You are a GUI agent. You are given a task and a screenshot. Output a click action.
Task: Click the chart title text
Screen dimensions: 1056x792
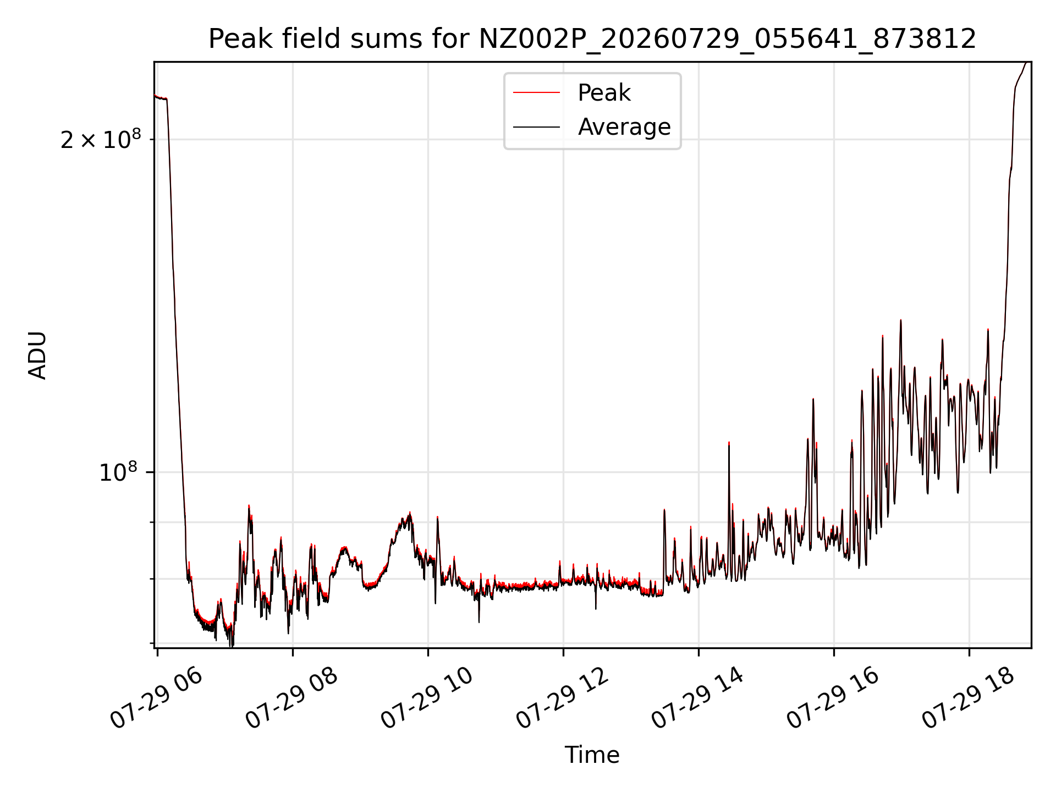(x=592, y=39)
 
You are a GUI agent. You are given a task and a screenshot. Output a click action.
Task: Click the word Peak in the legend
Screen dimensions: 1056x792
(x=604, y=93)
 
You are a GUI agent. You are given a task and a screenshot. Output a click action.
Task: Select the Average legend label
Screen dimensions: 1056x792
(x=624, y=127)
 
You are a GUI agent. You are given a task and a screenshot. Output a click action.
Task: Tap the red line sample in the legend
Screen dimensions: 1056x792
(x=537, y=93)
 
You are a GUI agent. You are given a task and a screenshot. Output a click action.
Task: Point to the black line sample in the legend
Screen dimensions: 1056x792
(x=537, y=127)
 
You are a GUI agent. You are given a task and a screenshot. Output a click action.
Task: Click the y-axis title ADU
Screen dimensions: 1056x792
(x=37, y=355)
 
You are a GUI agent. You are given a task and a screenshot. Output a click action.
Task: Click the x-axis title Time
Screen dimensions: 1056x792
(x=592, y=755)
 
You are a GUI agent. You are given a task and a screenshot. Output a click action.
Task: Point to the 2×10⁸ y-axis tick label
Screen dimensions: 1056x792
(x=101, y=139)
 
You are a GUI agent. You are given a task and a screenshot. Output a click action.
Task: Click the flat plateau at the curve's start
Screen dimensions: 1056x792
(x=161, y=98)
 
